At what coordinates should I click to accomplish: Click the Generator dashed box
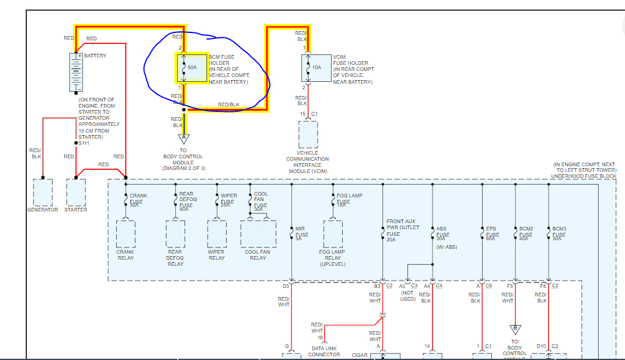[x=42, y=192]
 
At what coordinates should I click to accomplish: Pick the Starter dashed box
[x=76, y=192]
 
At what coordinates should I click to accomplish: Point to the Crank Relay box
[x=125, y=233]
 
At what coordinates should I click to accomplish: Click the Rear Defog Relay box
[x=175, y=233]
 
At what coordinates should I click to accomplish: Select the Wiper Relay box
[x=217, y=233]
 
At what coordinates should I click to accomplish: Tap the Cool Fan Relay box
[x=258, y=233]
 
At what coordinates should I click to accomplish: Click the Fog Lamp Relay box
[x=333, y=233]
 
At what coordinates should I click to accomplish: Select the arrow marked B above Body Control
[x=515, y=329]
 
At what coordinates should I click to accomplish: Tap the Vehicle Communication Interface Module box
[x=308, y=134]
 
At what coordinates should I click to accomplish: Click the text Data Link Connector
[x=324, y=351]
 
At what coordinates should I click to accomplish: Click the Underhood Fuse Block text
[x=583, y=176]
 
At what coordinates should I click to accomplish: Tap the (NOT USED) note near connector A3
[x=408, y=295]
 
